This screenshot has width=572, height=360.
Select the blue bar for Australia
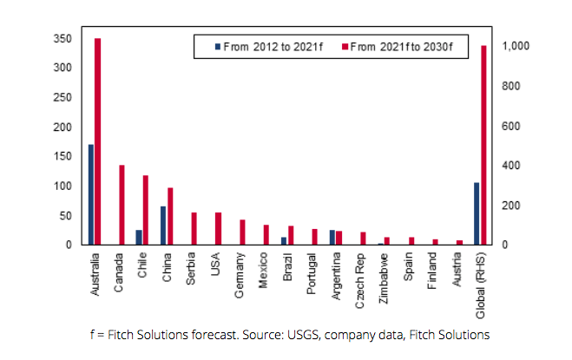91,194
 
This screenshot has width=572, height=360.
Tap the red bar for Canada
122,205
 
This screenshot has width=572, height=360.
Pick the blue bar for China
163,226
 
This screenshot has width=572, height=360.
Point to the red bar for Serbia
194,228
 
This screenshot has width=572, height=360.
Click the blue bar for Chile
139,237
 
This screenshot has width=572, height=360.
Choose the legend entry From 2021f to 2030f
399,45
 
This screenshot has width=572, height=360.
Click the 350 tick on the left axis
61,39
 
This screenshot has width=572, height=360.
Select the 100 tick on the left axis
61,186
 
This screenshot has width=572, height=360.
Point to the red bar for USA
219,228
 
